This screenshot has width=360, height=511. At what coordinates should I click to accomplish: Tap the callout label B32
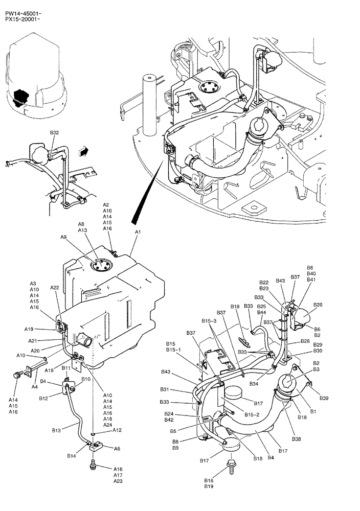click(54, 132)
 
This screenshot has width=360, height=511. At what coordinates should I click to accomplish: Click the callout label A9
click(63, 237)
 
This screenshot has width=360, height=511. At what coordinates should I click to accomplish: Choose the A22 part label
click(55, 288)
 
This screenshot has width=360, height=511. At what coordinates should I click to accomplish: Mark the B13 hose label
click(56, 431)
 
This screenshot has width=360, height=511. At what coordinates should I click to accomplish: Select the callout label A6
click(117, 448)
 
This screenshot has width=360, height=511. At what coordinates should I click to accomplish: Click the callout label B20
click(318, 305)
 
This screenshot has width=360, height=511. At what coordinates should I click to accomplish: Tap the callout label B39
click(324, 398)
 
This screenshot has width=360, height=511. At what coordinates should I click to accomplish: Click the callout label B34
click(254, 384)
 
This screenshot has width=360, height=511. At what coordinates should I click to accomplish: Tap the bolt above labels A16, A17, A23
click(93, 465)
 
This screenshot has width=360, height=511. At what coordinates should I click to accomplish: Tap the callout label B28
click(318, 341)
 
